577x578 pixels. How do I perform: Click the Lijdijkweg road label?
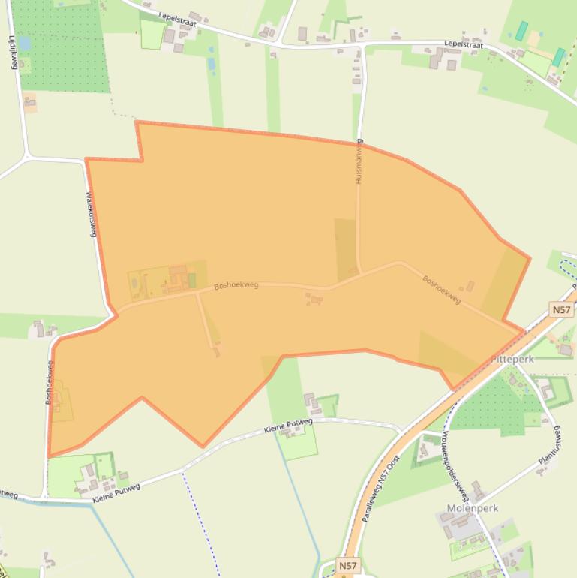12,51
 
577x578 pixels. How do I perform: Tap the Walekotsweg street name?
92,215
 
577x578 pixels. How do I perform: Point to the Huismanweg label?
359,162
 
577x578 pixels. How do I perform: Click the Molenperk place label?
473,508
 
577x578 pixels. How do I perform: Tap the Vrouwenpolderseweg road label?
455,465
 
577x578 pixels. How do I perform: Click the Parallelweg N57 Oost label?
380,488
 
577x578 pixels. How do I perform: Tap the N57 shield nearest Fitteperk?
560,310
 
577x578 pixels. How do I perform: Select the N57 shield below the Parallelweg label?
347,565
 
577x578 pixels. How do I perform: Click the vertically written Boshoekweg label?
50,383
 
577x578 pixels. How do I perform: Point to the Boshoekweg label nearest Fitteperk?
442,289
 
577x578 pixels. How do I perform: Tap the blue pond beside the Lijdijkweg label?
25,44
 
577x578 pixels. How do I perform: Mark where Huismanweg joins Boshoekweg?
361,273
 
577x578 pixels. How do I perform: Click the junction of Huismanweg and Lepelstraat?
364,46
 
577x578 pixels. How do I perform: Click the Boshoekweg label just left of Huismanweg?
236,285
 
